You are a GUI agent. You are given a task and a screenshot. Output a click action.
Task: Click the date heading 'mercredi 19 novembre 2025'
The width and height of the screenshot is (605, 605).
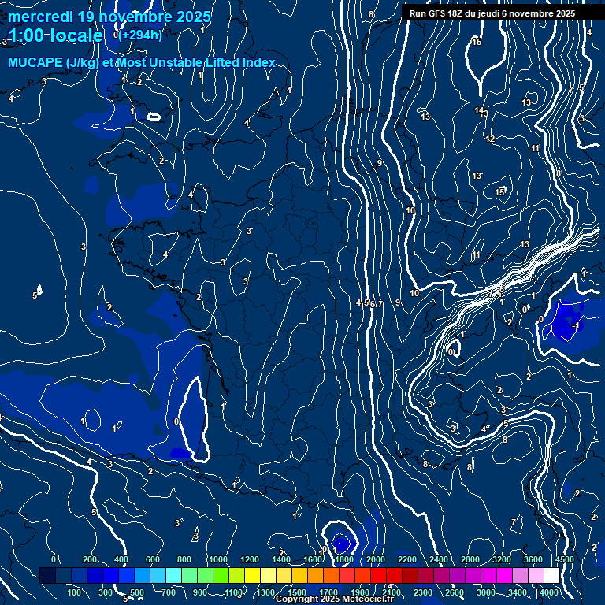tap(109, 17)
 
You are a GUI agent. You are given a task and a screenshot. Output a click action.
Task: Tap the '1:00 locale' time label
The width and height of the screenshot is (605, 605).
tap(55, 35)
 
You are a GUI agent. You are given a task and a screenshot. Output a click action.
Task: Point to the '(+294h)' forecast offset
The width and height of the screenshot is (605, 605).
tap(141, 35)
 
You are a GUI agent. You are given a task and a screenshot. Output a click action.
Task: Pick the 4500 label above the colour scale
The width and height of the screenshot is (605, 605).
tap(565, 559)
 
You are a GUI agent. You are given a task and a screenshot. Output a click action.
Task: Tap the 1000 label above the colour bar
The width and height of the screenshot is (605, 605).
tap(218, 559)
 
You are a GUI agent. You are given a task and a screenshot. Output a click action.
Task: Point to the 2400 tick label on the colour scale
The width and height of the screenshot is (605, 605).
tap(439, 559)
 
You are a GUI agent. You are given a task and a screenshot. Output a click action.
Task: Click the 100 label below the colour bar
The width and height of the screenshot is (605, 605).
tap(76, 592)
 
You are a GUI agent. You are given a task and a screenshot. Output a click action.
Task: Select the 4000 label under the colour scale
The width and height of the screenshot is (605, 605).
tap(549, 592)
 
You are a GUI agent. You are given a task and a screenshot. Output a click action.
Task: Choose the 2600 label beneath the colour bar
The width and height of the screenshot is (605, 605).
tap(455, 592)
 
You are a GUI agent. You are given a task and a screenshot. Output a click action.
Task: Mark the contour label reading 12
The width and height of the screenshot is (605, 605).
tap(490, 139)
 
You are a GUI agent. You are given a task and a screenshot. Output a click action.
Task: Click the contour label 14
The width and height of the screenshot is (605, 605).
tap(479, 111)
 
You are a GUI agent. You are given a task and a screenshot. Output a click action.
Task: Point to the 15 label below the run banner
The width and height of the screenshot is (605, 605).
tap(477, 42)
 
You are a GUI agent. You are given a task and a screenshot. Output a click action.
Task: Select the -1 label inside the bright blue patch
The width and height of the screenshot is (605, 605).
tap(577, 325)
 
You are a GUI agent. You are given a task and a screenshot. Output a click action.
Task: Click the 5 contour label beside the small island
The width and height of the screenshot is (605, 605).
tap(35, 295)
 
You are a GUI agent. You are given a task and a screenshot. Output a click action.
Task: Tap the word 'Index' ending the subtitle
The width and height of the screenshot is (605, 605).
tap(258, 63)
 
